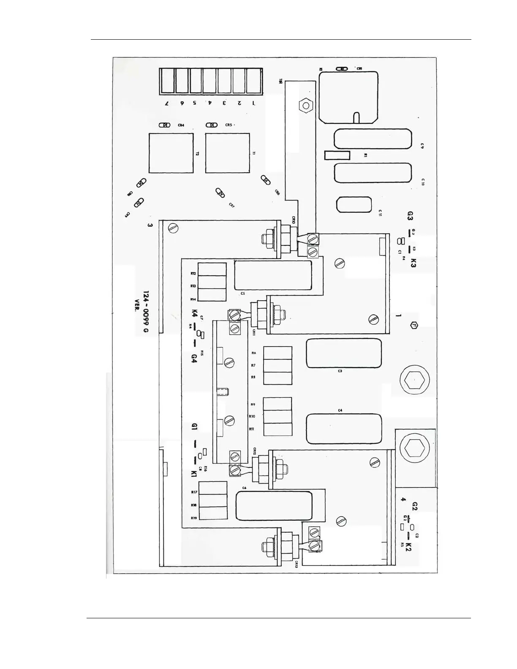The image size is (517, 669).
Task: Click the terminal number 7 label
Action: click(167, 103)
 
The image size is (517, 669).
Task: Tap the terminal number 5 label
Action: click(195, 103)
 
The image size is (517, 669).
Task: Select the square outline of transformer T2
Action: click(171, 153)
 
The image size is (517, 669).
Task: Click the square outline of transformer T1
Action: click(227, 153)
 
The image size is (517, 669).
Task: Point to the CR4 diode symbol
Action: click(164, 125)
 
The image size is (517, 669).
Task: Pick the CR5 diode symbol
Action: click(211, 125)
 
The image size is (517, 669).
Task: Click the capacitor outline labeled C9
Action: click(373, 139)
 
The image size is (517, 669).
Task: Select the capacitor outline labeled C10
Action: click(373, 173)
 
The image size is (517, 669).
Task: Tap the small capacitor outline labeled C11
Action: click(354, 205)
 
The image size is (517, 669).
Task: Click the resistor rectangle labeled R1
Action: click(337, 155)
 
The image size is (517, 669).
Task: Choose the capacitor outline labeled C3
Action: click(343, 353)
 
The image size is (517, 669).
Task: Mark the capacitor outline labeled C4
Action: click(343, 429)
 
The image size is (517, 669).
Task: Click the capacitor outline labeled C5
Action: click(273, 275)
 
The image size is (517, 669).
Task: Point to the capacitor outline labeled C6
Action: click(274, 506)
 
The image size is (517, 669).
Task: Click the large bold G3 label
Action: click(409, 216)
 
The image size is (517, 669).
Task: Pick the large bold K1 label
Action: click(194, 474)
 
